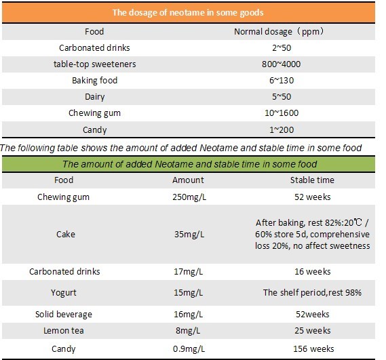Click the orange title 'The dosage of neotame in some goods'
coord(188,13)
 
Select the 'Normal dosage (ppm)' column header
coord(279,32)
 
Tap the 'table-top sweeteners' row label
coord(95,64)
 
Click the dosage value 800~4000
coord(281,64)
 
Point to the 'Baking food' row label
coord(95,81)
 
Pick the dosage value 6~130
coord(282,81)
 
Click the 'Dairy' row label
coord(95,97)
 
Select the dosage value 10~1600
coord(282,113)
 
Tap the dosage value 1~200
coord(282,129)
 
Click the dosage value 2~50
coord(282,47)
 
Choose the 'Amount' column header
coord(188,180)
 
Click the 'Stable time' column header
coord(312,180)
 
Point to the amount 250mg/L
coord(189,197)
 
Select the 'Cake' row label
coord(66,235)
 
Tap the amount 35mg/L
coord(189,235)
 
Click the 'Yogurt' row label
coord(64,293)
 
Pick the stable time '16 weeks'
coord(313,272)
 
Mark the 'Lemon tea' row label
coord(64,331)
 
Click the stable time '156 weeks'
coord(313,349)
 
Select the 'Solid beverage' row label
coord(64,315)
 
